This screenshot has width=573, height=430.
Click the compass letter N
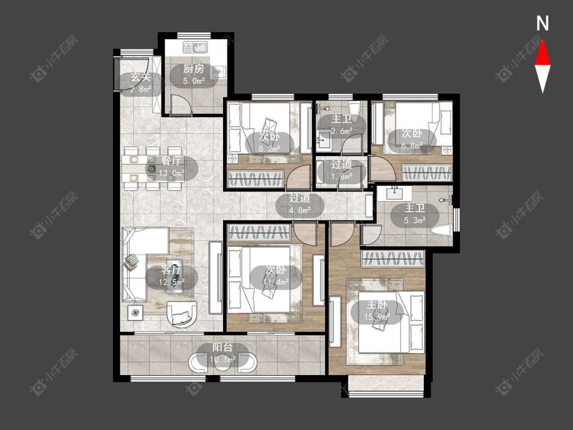(542, 23)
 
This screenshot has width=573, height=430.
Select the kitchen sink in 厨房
(196, 47)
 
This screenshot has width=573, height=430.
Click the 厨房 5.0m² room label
(194, 74)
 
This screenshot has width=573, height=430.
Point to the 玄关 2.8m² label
(141, 83)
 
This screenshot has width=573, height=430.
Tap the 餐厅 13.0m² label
(172, 167)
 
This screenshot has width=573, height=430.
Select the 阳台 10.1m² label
(223, 354)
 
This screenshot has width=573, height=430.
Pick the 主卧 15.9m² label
(377, 311)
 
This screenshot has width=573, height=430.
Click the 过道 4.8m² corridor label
(300, 204)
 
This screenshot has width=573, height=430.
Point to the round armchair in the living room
(182, 314)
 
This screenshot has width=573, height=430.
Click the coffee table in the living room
(174, 276)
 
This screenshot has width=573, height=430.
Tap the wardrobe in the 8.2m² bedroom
(256, 179)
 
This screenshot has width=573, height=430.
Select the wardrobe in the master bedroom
(393, 259)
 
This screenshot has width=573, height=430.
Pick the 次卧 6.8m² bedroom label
(412, 139)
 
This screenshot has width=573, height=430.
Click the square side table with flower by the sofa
(136, 313)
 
